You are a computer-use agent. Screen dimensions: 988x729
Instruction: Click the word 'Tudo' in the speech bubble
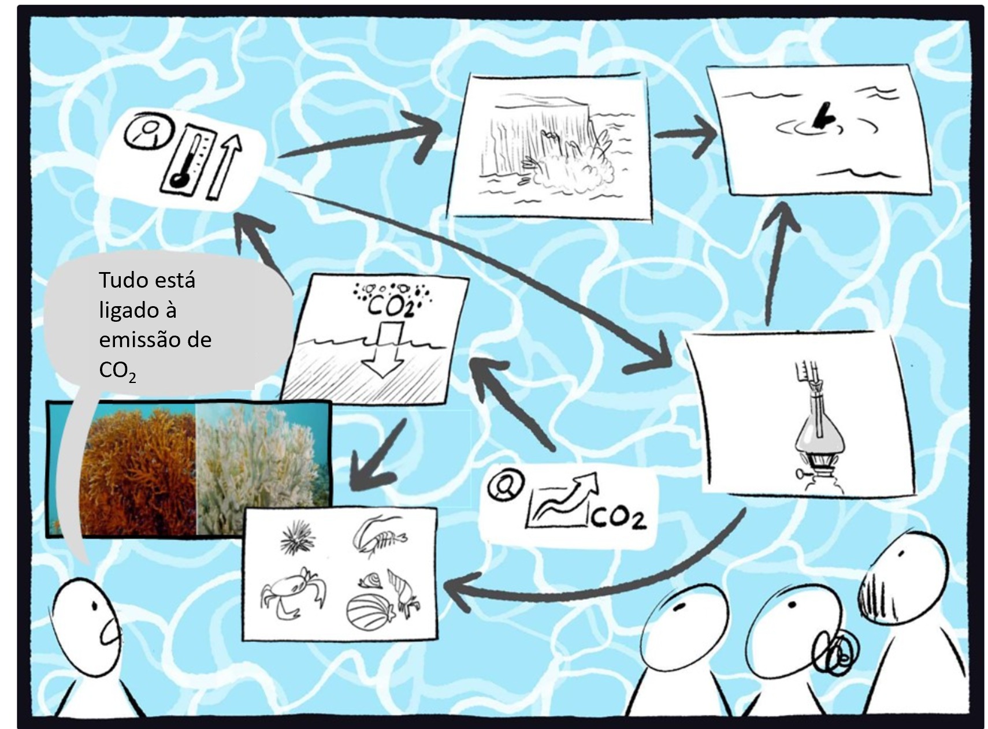[x=122, y=280]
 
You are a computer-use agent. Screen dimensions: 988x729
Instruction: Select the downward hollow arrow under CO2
[x=382, y=349]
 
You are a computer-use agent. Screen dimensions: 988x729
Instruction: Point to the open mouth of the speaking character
[x=110, y=632]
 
